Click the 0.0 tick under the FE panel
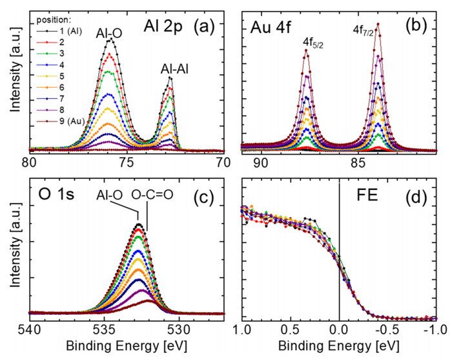tap(340, 328)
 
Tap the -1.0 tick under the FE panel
tap(434, 328)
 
